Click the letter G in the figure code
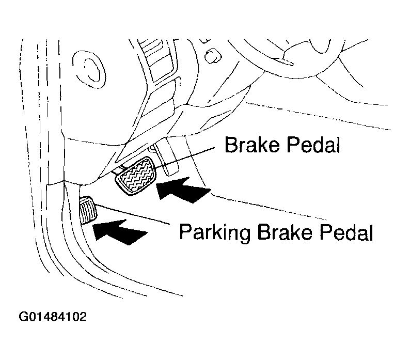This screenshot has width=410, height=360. (x=24, y=316)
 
